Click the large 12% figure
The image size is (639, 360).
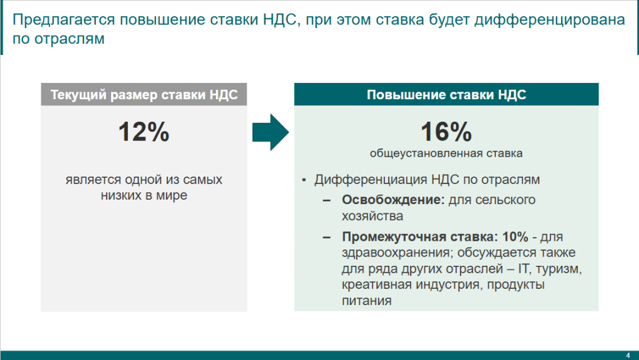[x=144, y=132]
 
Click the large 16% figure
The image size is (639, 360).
[x=446, y=132]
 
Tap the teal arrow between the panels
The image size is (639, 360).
[x=271, y=132]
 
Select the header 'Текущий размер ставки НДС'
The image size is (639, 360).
[x=144, y=94]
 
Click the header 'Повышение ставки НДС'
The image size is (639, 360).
[x=446, y=94]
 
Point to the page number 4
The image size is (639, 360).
[x=628, y=356]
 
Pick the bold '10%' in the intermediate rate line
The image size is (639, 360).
[x=515, y=236]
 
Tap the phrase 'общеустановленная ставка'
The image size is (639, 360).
[x=446, y=153]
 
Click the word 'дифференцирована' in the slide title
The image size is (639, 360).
[x=550, y=19]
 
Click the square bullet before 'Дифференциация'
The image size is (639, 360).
[x=304, y=180]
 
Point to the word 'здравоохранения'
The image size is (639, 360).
[x=396, y=253]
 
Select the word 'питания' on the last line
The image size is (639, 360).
[x=367, y=301]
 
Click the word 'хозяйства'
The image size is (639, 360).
[x=373, y=216]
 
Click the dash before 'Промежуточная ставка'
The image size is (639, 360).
[x=327, y=237]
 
